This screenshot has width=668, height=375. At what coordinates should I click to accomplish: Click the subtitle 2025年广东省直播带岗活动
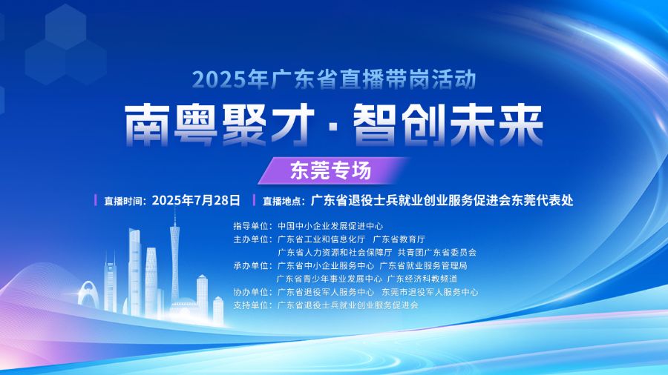[334, 79]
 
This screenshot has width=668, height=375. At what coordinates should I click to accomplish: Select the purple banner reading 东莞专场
[331, 170]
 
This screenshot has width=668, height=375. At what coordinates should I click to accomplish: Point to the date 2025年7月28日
[196, 200]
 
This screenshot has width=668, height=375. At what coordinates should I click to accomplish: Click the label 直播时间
[123, 201]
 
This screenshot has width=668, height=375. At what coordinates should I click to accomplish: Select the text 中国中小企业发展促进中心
[330, 226]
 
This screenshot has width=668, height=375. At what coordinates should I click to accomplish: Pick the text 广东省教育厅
[399, 239]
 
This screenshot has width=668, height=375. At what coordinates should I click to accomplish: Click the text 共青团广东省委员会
[436, 253]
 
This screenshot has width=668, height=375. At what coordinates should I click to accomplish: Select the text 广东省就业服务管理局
[423, 266]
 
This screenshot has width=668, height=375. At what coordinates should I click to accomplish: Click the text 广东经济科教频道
[422, 279]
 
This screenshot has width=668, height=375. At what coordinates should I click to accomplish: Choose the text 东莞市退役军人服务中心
[430, 292]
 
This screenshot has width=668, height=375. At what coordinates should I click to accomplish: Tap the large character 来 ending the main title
[521, 126]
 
